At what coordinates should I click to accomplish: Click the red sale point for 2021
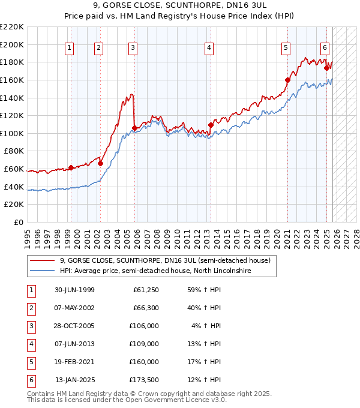pyautogui.click(x=287, y=80)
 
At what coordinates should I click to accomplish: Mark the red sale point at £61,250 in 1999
pyautogui.click(x=71, y=167)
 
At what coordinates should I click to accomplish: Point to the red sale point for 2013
pyautogui.click(x=211, y=125)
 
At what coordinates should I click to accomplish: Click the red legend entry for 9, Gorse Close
pyautogui.click(x=165, y=260)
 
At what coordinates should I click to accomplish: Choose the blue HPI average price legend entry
pyautogui.click(x=155, y=271)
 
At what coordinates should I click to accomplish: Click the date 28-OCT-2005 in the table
pyautogui.click(x=74, y=326)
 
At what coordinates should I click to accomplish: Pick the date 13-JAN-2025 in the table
pyautogui.click(x=74, y=380)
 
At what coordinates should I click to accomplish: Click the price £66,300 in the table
pyautogui.click(x=144, y=308)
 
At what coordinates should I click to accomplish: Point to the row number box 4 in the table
pyautogui.click(x=31, y=344)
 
